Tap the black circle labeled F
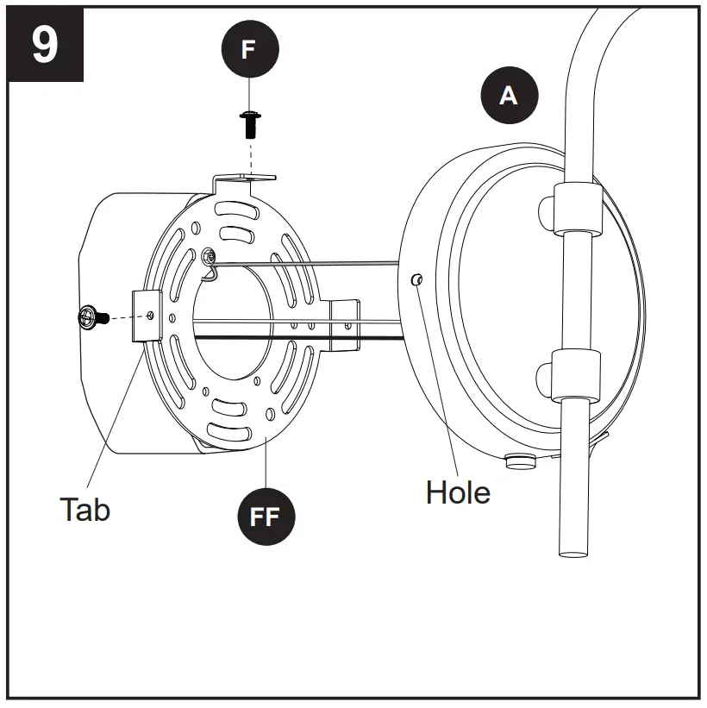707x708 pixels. (248, 49)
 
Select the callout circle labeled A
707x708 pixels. (509, 95)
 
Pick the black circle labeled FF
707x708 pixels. (266, 518)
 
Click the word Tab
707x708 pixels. (84, 509)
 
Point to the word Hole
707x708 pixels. (458, 492)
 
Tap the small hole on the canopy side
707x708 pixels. (416, 279)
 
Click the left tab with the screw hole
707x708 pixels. (146, 316)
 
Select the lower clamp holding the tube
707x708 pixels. (572, 375)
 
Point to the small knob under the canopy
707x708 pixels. (518, 461)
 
